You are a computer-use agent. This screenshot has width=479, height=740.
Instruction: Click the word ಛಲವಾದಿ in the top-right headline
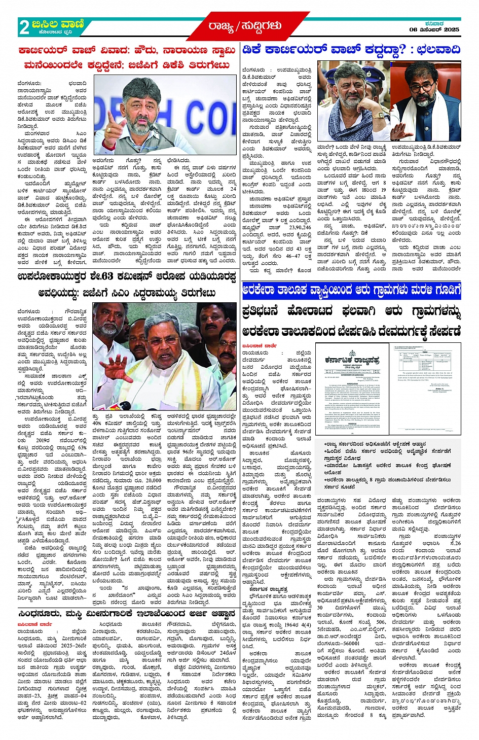pyautogui.click(x=435, y=50)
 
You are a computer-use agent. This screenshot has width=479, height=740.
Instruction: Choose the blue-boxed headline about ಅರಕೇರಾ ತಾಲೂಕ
pyautogui.click(x=351, y=291)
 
